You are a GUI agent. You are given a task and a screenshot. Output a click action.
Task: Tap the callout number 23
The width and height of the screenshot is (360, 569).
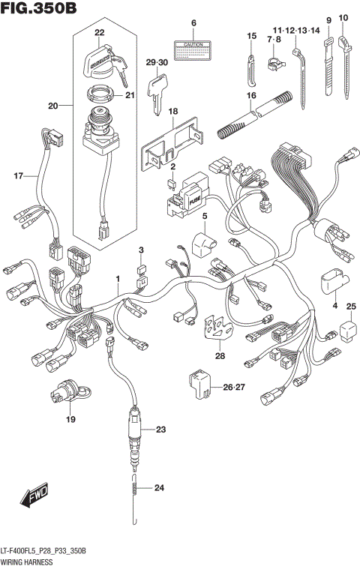coord(159,430)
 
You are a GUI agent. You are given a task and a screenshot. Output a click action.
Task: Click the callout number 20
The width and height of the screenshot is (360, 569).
coord(52,106)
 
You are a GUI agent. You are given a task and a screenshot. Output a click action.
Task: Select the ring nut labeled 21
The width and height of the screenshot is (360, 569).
coord(100,95)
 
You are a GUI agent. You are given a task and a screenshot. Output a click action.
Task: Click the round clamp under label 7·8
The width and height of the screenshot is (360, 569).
coord(274,57)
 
